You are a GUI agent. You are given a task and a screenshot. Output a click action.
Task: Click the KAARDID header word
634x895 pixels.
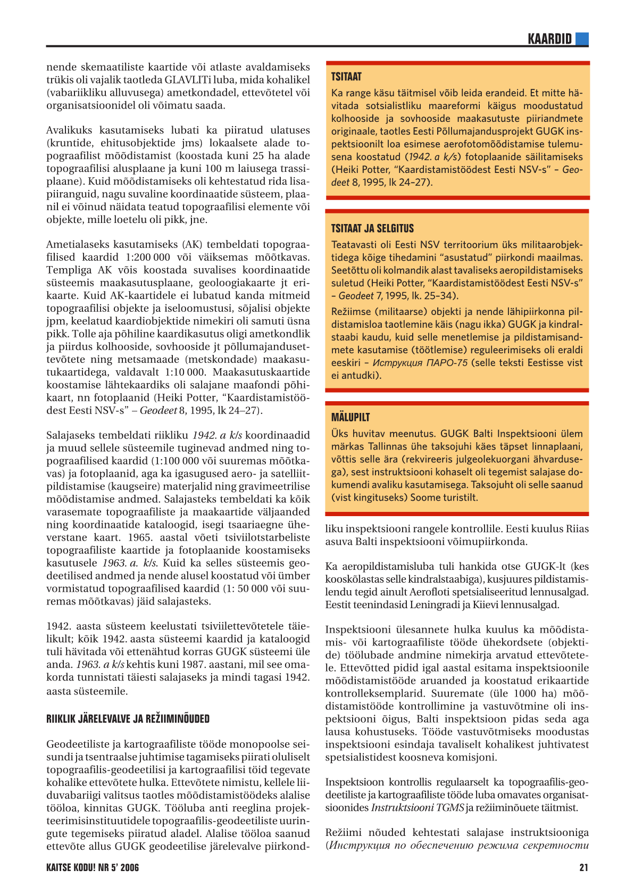click(549, 39)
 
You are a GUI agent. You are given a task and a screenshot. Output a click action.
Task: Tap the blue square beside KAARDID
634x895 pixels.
click(582, 39)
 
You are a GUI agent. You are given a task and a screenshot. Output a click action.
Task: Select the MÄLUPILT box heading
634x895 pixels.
click(351, 417)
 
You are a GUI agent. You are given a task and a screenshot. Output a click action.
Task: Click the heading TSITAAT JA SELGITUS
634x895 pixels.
click(372, 228)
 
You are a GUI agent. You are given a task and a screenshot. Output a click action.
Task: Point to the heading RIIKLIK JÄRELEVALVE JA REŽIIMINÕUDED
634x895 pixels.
click(128, 719)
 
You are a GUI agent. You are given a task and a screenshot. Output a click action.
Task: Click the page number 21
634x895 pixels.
click(583, 868)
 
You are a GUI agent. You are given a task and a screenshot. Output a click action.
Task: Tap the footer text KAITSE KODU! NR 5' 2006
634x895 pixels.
click(93, 868)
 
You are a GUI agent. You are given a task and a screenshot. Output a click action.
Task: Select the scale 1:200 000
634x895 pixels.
click(148, 257)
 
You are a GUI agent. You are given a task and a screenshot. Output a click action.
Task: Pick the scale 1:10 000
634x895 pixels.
click(183, 372)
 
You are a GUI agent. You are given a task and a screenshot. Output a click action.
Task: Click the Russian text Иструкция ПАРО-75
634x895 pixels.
click(420, 363)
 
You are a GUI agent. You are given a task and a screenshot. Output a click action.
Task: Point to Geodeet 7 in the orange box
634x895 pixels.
click(360, 296)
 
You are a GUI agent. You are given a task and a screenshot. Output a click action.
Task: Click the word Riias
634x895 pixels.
click(578, 529)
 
